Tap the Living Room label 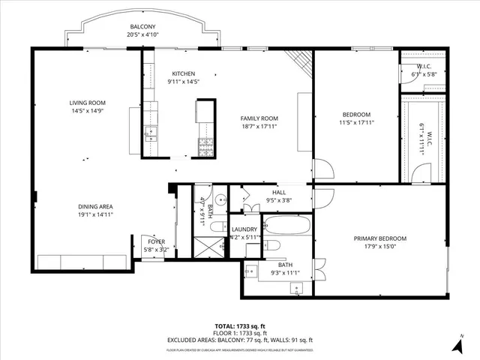click(87, 103)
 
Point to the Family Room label click(259, 118)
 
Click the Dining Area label click(95, 206)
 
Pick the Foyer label click(156, 241)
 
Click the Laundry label click(244, 229)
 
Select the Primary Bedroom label click(380, 239)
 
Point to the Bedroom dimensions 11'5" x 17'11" click(356, 123)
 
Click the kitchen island click(205, 111)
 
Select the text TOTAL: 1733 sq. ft click(240, 325)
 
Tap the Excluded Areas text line click(240, 340)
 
